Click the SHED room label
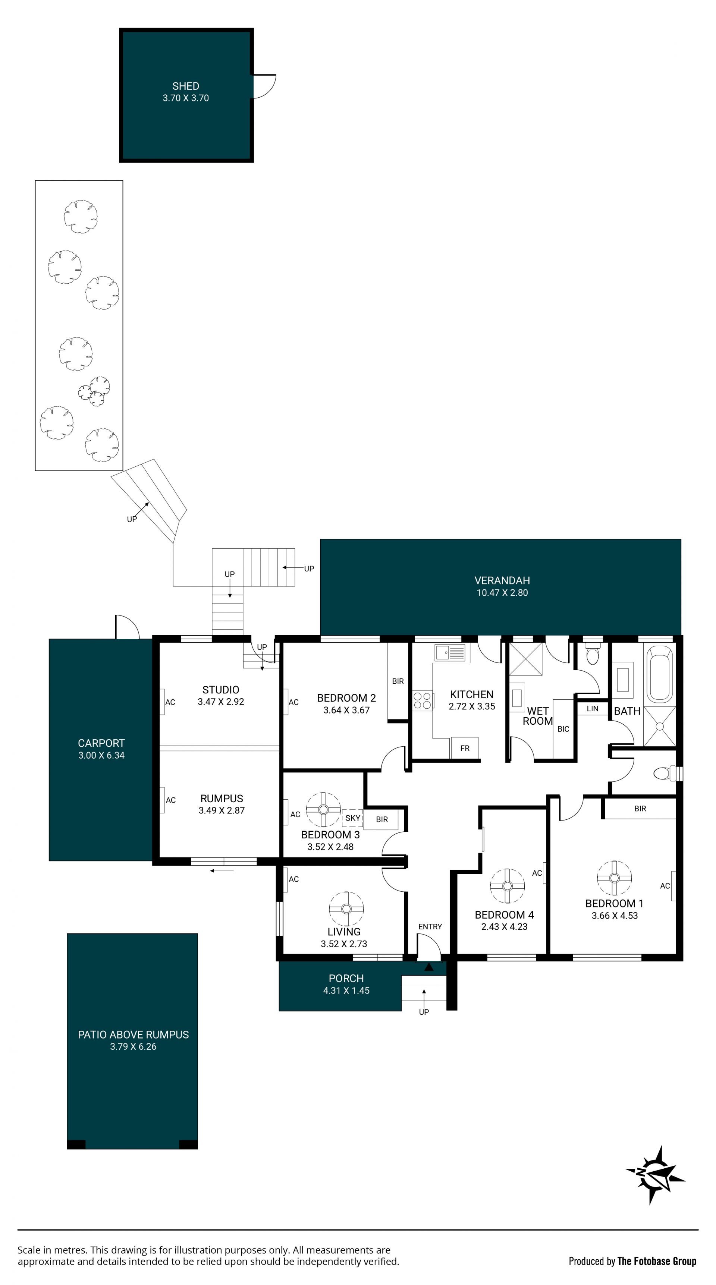[186, 86]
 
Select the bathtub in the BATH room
[659, 674]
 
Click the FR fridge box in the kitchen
[465, 748]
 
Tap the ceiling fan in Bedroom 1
[614, 878]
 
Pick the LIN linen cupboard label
[592, 708]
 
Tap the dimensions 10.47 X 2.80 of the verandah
[502, 593]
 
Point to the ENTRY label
[430, 926]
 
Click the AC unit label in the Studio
[170, 702]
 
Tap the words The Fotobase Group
[657, 1261]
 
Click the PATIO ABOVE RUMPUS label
[133, 1034]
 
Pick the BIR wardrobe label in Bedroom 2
[398, 681]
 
